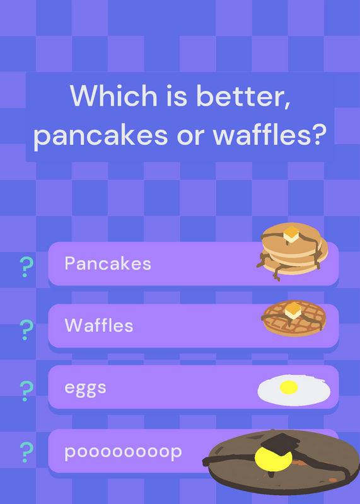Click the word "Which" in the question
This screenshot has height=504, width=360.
tap(113, 95)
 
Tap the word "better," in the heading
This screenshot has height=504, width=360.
tap(243, 96)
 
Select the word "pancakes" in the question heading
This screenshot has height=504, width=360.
tap(100, 135)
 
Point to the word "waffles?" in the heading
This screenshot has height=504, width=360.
tap(269, 134)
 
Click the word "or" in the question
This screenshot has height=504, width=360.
tap(190, 136)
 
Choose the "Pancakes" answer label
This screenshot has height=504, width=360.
tap(108, 263)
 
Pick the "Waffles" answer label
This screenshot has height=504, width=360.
tap(99, 325)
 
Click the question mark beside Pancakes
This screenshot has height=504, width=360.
tap(26, 267)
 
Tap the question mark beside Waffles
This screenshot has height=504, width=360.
tap(26, 329)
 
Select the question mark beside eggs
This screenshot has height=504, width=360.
tap(26, 391)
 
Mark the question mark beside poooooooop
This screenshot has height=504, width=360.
tap(26, 452)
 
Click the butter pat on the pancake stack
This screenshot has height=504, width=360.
tap(291, 234)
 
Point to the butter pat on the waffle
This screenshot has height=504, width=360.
tap(293, 310)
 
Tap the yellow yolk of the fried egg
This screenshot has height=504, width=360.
tap(289, 387)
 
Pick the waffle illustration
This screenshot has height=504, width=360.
tap(294, 318)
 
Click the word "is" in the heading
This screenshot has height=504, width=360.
tap(177, 96)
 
